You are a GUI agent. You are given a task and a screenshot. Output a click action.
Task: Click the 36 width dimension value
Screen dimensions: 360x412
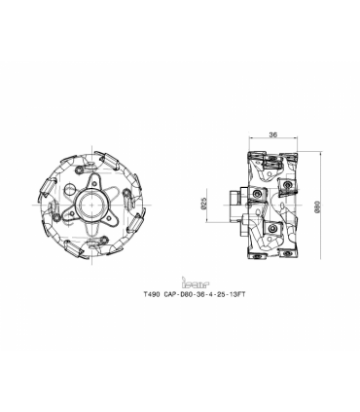pos(273,134)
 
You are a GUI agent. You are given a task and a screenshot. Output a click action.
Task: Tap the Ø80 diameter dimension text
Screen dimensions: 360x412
pos(318,206)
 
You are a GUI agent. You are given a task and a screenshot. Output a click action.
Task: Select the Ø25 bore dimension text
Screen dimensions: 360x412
pos(204,204)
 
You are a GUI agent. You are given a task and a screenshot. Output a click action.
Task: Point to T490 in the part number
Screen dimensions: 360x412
pos(152,294)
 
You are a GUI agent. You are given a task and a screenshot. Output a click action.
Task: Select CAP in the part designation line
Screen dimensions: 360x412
pos(170,294)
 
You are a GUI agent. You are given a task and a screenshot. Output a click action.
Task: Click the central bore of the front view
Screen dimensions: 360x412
pos(92,205)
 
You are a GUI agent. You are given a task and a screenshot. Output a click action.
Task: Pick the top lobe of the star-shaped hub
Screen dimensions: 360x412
pos(93,179)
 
